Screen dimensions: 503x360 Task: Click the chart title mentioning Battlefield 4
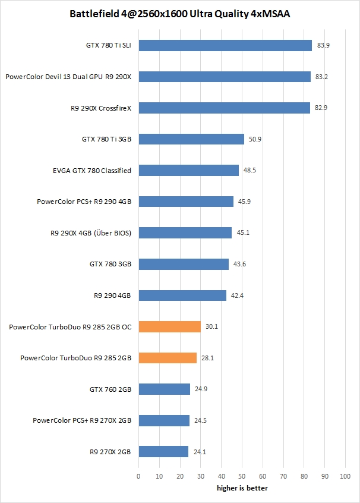coord(179,13)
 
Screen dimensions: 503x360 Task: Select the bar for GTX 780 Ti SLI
coord(225,45)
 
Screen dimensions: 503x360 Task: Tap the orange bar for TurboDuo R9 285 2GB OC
coord(169,326)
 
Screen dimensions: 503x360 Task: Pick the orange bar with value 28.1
coord(168,358)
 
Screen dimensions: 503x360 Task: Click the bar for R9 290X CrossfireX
coord(224,108)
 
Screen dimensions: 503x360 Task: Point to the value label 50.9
coord(255,139)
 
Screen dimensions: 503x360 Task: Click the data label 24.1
coord(200,452)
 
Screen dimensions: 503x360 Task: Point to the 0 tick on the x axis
coord(138,476)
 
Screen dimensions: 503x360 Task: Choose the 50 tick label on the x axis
coord(242,476)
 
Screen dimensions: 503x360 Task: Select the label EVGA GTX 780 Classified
coord(91,171)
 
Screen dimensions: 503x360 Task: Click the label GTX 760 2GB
coord(110,389)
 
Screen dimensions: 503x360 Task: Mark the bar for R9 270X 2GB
coord(163,452)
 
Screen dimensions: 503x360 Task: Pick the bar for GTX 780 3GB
coord(184,264)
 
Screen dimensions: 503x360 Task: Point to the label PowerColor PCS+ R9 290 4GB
coord(84,202)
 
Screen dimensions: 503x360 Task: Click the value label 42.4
coord(238,295)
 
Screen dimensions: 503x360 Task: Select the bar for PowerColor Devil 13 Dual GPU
coord(225,77)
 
